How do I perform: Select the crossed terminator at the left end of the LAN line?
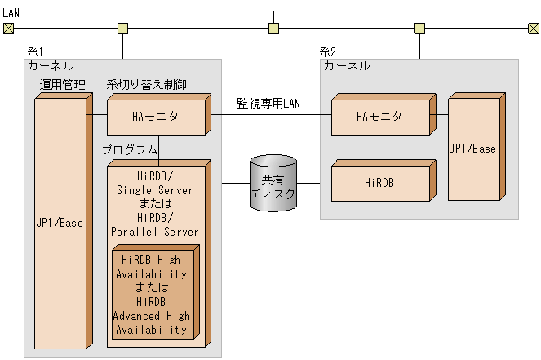pyautogui.click(x=8, y=29)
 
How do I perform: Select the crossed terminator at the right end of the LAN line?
pyautogui.click(x=533, y=29)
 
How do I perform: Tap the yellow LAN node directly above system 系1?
pyautogui.click(x=122, y=29)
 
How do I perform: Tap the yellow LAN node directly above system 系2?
pyautogui.click(x=419, y=29)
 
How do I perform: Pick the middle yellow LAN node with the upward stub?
pyautogui.click(x=274, y=29)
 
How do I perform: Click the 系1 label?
pyautogui.click(x=35, y=51)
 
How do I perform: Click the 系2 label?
pyautogui.click(x=328, y=51)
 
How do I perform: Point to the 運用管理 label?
pyautogui.click(x=63, y=85)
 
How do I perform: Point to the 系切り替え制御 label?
pyautogui.click(x=147, y=85)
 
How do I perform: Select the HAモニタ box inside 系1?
pyautogui.click(x=156, y=117)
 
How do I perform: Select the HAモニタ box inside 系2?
pyautogui.click(x=379, y=117)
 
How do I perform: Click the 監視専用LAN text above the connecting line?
pyautogui.click(x=269, y=103)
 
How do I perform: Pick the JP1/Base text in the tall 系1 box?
pyautogui.click(x=60, y=222)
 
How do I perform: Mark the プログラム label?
pyautogui.click(x=130, y=150)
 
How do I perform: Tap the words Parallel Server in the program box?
pyautogui.click(x=155, y=232)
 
